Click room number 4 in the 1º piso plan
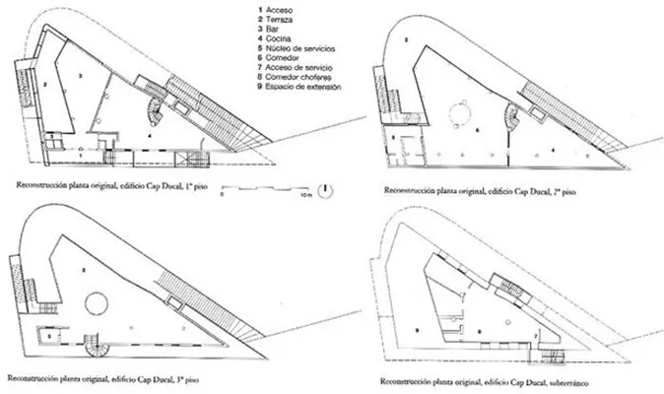pos(147,132)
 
